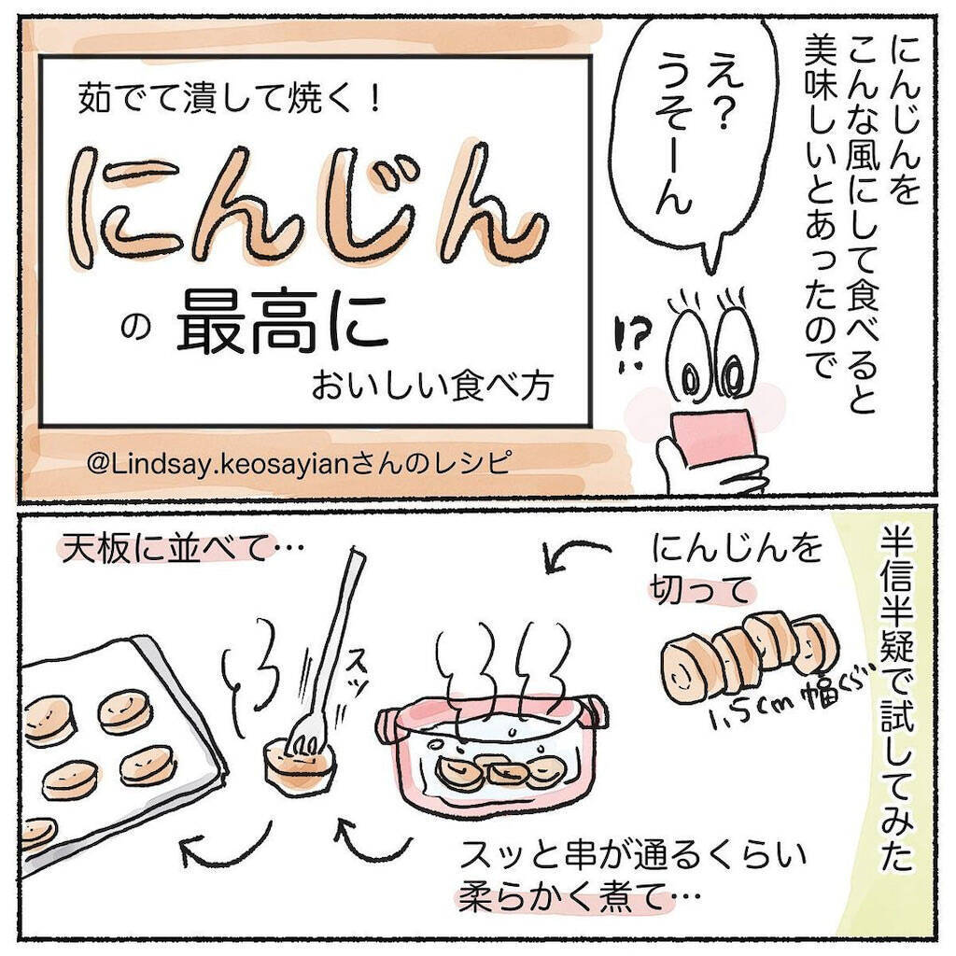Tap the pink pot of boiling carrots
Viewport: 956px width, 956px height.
point(490,756)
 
